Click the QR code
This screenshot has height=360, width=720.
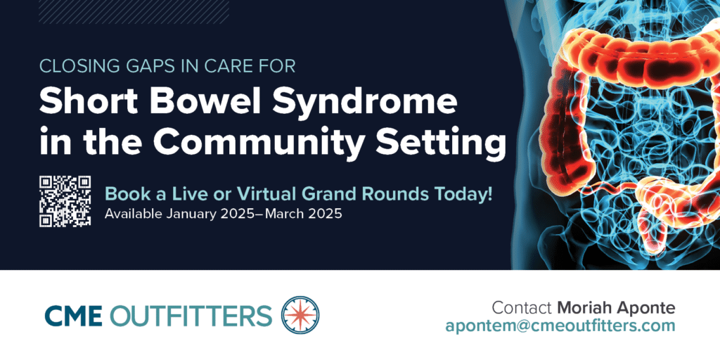[x=65, y=201]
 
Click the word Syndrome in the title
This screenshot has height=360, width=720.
[x=365, y=103]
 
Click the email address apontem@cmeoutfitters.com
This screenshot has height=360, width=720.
[x=560, y=326]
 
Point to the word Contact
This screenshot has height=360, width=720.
[x=522, y=308]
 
